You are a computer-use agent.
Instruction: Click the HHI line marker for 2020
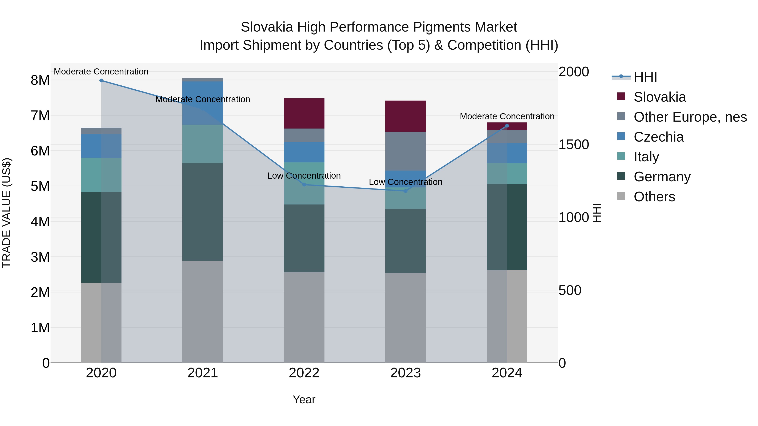pos(101,81)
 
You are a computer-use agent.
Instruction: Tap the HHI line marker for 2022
pos(304,185)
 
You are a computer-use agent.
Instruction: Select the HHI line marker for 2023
pos(406,191)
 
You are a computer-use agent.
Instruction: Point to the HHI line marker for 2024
pos(507,126)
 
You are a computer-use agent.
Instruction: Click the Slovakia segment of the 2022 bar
pos(304,113)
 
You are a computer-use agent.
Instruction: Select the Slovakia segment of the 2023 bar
pos(406,116)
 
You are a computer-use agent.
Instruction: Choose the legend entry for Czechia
pos(659,137)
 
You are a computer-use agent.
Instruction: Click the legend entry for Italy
pos(646,157)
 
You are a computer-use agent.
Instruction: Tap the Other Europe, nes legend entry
pos(690,117)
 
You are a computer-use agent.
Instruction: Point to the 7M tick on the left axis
pos(40,115)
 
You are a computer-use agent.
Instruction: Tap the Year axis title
pos(304,399)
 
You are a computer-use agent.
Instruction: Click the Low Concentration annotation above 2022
pos(304,176)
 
